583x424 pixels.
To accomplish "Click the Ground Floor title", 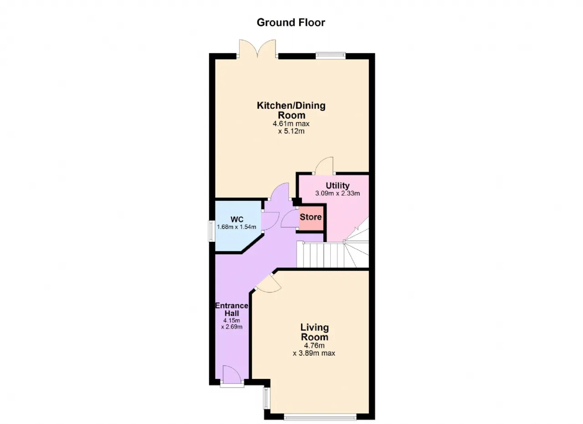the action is coord(291,23).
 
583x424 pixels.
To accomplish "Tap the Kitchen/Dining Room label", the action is coord(291,110).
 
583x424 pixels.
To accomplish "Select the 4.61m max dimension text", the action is coord(291,123).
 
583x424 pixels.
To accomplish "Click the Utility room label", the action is coord(338,185).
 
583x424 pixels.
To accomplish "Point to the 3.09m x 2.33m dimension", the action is coord(338,194).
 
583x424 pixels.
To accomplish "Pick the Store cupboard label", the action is coord(311,217).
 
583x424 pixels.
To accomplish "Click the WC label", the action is coord(237,219).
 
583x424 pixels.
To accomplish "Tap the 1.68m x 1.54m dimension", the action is coord(236,227).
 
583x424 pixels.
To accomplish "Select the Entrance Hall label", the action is coord(232,309).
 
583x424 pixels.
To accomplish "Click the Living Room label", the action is coord(315,332).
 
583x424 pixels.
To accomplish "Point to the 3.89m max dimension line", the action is coord(314,353).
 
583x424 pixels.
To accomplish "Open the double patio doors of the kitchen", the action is coord(257,49).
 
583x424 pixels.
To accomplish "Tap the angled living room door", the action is coord(269,283).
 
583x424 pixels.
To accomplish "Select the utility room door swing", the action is coord(324,165).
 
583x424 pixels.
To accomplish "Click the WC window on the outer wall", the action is coord(210,231).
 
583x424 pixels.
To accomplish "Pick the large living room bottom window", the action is coord(320,418).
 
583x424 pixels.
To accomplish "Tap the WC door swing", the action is coord(271,221).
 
